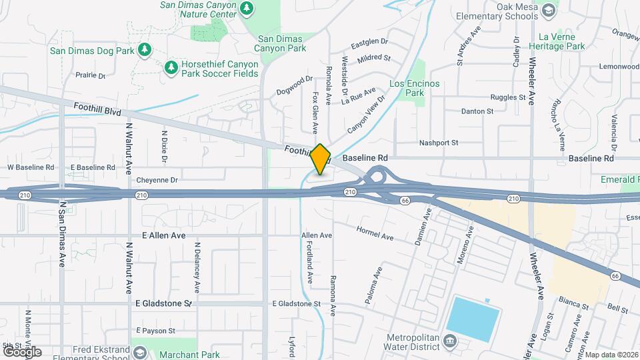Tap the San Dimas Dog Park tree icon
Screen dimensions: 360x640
point(144,51)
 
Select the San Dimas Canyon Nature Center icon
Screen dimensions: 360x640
point(247,8)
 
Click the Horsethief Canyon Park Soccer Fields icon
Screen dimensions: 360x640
point(171,67)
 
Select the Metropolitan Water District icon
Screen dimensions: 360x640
point(450,341)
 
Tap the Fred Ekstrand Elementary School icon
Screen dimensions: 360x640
point(140,351)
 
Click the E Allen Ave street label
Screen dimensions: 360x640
point(163,236)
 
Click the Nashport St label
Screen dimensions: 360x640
point(439,143)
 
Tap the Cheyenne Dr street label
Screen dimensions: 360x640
point(157,180)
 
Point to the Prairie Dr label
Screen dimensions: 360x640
point(91,76)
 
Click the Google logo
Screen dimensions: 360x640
point(22,351)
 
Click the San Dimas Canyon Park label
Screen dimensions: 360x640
point(281,43)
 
